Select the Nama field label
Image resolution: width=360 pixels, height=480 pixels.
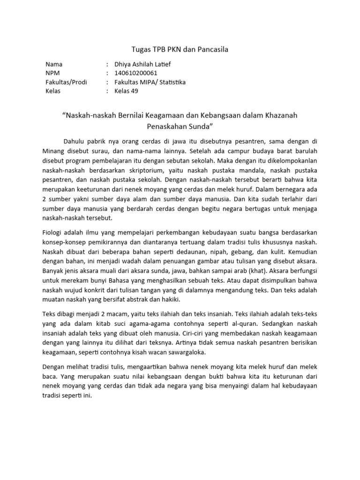[x=54, y=64]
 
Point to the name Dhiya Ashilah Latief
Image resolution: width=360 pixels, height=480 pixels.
[x=146, y=64]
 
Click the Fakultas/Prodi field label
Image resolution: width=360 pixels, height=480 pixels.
[x=66, y=82]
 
